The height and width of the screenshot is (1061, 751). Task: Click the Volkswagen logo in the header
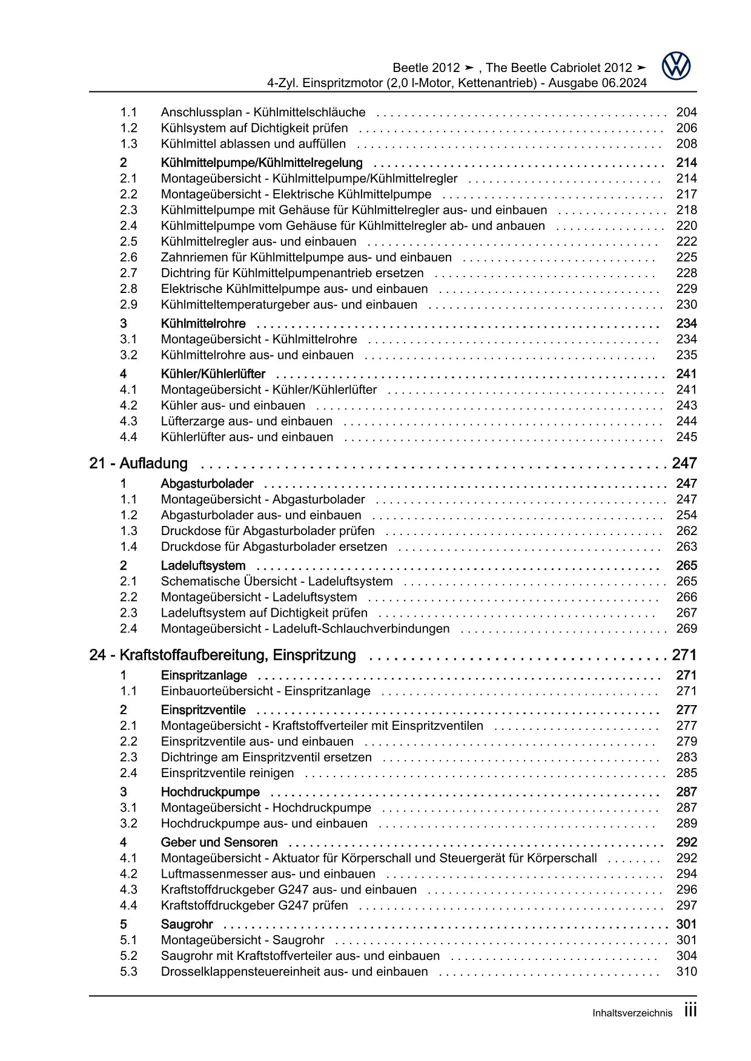[x=676, y=66]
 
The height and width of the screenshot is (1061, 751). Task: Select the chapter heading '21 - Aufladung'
[x=138, y=464]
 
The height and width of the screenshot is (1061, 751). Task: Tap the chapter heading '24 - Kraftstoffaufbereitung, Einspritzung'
[x=222, y=655]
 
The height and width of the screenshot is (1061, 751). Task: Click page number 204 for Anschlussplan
[x=686, y=112]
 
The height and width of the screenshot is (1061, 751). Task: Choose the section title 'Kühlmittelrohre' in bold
[x=203, y=324]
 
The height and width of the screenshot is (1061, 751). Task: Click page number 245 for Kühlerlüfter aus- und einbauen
[x=686, y=437]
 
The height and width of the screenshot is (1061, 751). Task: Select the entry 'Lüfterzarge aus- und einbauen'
[x=246, y=421]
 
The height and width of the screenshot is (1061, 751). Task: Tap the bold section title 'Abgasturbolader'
[x=207, y=484]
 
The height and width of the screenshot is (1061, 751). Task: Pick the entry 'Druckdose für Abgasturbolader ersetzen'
[x=274, y=547]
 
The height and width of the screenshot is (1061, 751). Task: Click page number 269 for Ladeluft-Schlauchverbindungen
[x=686, y=629]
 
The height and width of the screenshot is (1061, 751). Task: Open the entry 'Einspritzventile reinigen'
[x=227, y=773]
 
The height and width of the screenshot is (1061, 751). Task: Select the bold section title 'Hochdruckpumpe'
[x=210, y=792]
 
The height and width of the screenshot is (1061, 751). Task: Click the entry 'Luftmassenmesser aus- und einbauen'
[x=268, y=874]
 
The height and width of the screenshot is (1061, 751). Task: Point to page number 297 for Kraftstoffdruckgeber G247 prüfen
[x=686, y=905]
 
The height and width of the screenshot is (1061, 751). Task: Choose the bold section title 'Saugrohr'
[x=187, y=924]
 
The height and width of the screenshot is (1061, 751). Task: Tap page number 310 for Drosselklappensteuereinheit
[x=686, y=972]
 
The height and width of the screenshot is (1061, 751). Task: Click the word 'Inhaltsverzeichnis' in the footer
[x=632, y=1013]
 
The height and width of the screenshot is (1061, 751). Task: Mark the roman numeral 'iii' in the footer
[x=690, y=1011]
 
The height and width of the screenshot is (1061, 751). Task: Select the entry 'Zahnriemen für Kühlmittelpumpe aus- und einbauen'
[x=306, y=257]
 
